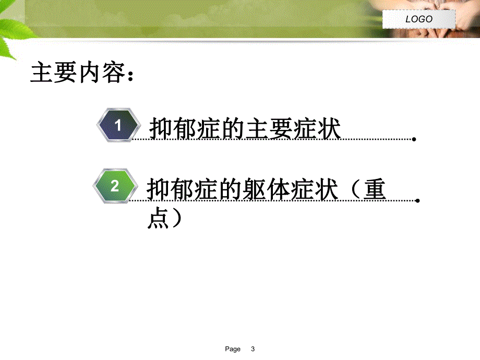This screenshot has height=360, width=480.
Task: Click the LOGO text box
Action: (419, 19)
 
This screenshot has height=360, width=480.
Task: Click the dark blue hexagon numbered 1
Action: (118, 126)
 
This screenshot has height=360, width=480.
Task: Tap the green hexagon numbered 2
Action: (115, 186)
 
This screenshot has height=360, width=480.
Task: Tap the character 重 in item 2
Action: (375, 190)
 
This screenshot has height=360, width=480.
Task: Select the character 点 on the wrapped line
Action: (157, 218)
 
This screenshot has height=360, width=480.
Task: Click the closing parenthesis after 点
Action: (177, 218)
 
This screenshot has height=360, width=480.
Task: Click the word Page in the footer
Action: (233, 349)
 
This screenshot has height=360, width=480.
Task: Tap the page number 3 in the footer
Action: (253, 349)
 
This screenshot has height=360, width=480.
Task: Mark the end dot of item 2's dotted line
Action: (419, 200)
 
